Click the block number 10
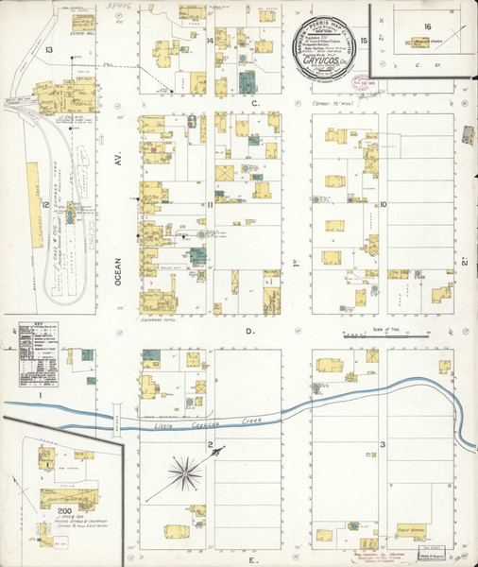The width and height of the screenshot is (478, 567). click(x=384, y=203)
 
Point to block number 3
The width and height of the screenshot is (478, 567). click(x=383, y=444)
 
